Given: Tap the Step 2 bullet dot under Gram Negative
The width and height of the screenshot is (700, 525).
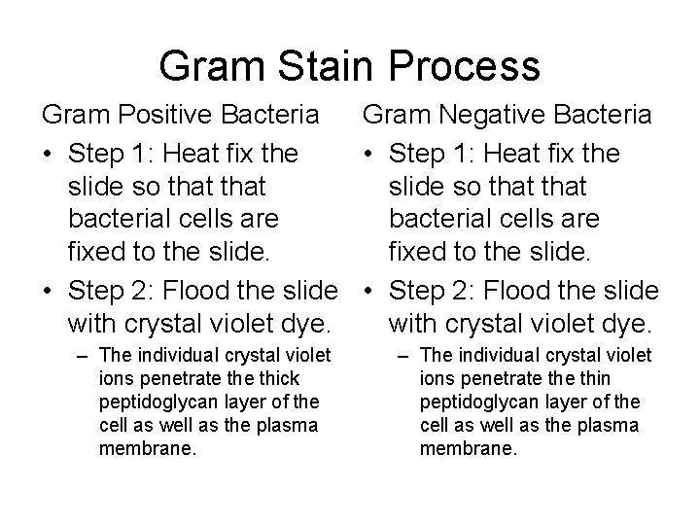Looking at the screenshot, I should [x=369, y=291].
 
